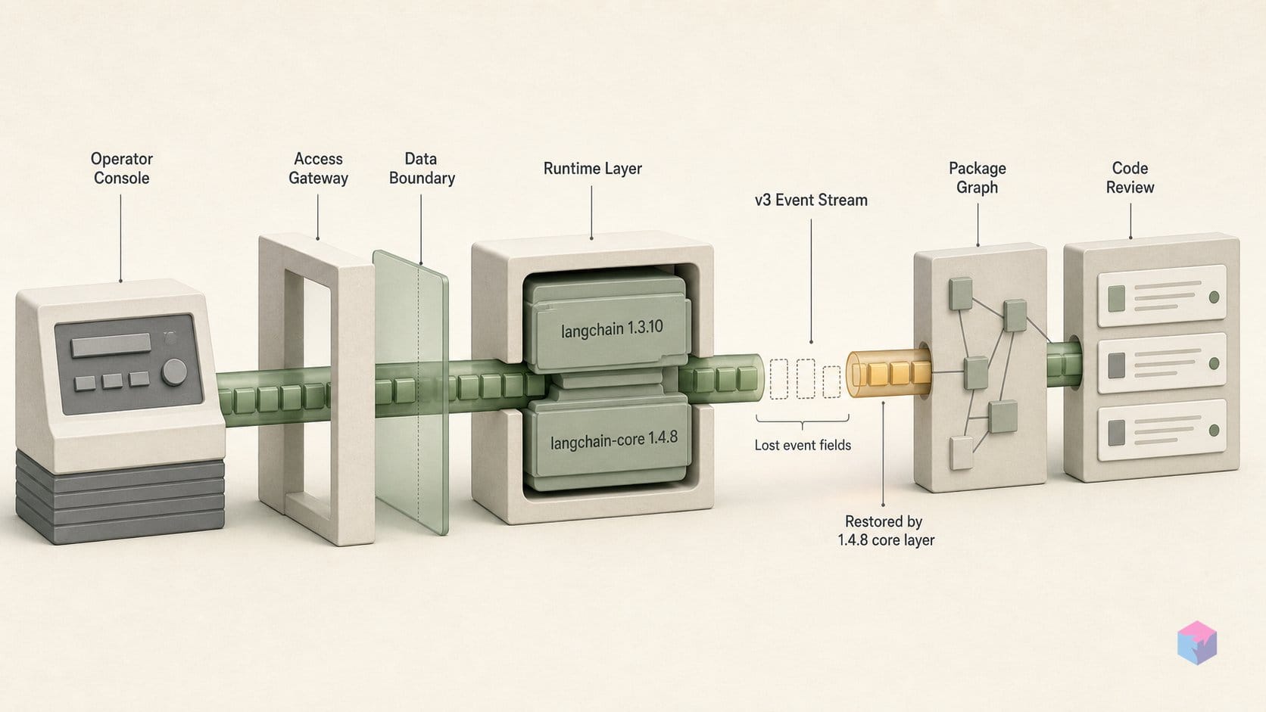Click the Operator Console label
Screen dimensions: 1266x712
[121, 168]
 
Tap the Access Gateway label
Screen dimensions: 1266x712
[318, 168]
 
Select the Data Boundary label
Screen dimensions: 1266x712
[422, 168]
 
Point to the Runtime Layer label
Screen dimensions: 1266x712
[592, 168]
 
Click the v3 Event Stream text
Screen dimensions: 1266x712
[811, 201]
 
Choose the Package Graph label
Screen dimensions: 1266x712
[978, 177]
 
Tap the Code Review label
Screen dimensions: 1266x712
[1130, 177]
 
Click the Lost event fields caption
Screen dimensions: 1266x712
[803, 445]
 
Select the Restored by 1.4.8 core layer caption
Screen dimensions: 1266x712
[886, 530]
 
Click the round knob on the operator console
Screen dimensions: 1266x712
[174, 372]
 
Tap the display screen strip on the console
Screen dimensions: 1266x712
[111, 345]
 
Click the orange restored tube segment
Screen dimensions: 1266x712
[888, 373]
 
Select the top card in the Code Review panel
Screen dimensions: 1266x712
[1162, 297]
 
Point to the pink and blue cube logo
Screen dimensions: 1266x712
[1197, 642]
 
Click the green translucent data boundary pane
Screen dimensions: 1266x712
[411, 393]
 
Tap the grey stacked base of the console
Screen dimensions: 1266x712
[120, 498]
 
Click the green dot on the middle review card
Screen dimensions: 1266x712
[1214, 364]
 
